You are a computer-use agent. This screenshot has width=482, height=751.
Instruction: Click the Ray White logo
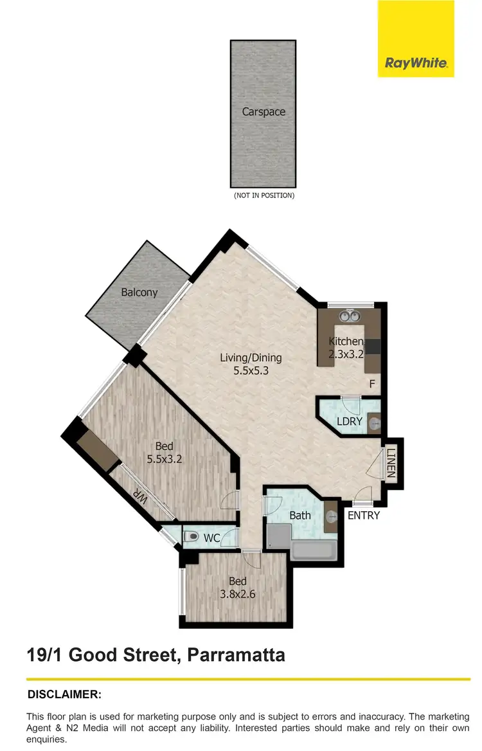pos(416,62)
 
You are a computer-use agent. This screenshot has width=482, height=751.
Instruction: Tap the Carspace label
pos(263,112)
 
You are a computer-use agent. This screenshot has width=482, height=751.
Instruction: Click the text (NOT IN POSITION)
pos(263,195)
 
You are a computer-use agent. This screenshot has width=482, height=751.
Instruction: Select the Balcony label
pos(139,293)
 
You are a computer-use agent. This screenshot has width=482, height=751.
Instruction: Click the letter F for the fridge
pos(371,384)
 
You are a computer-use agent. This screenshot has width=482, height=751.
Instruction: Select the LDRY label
pos(350,422)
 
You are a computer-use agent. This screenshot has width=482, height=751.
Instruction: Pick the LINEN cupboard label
pos(391,464)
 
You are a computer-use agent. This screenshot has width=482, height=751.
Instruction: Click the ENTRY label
pos(364,516)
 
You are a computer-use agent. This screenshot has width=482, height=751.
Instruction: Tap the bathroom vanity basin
pos(331,516)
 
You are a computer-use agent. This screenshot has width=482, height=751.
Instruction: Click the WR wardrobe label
pos(139,499)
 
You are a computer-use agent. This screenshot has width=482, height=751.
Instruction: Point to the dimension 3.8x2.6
pos(238,594)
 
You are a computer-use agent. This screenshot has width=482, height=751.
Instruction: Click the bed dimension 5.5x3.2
pos(165,460)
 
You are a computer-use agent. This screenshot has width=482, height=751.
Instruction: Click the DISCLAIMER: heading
pos(64,694)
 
